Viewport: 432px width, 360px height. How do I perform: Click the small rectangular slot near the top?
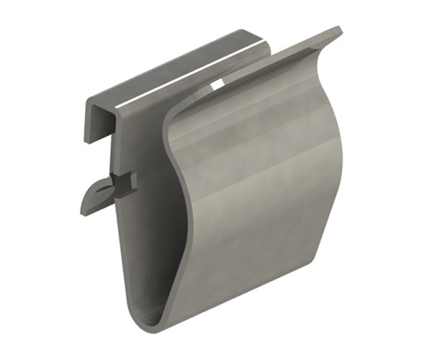pyautogui.click(x=216, y=86)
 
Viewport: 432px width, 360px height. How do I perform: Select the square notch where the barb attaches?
pyautogui.click(x=124, y=183)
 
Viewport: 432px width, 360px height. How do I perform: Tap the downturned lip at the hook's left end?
pyautogui.click(x=91, y=119)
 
